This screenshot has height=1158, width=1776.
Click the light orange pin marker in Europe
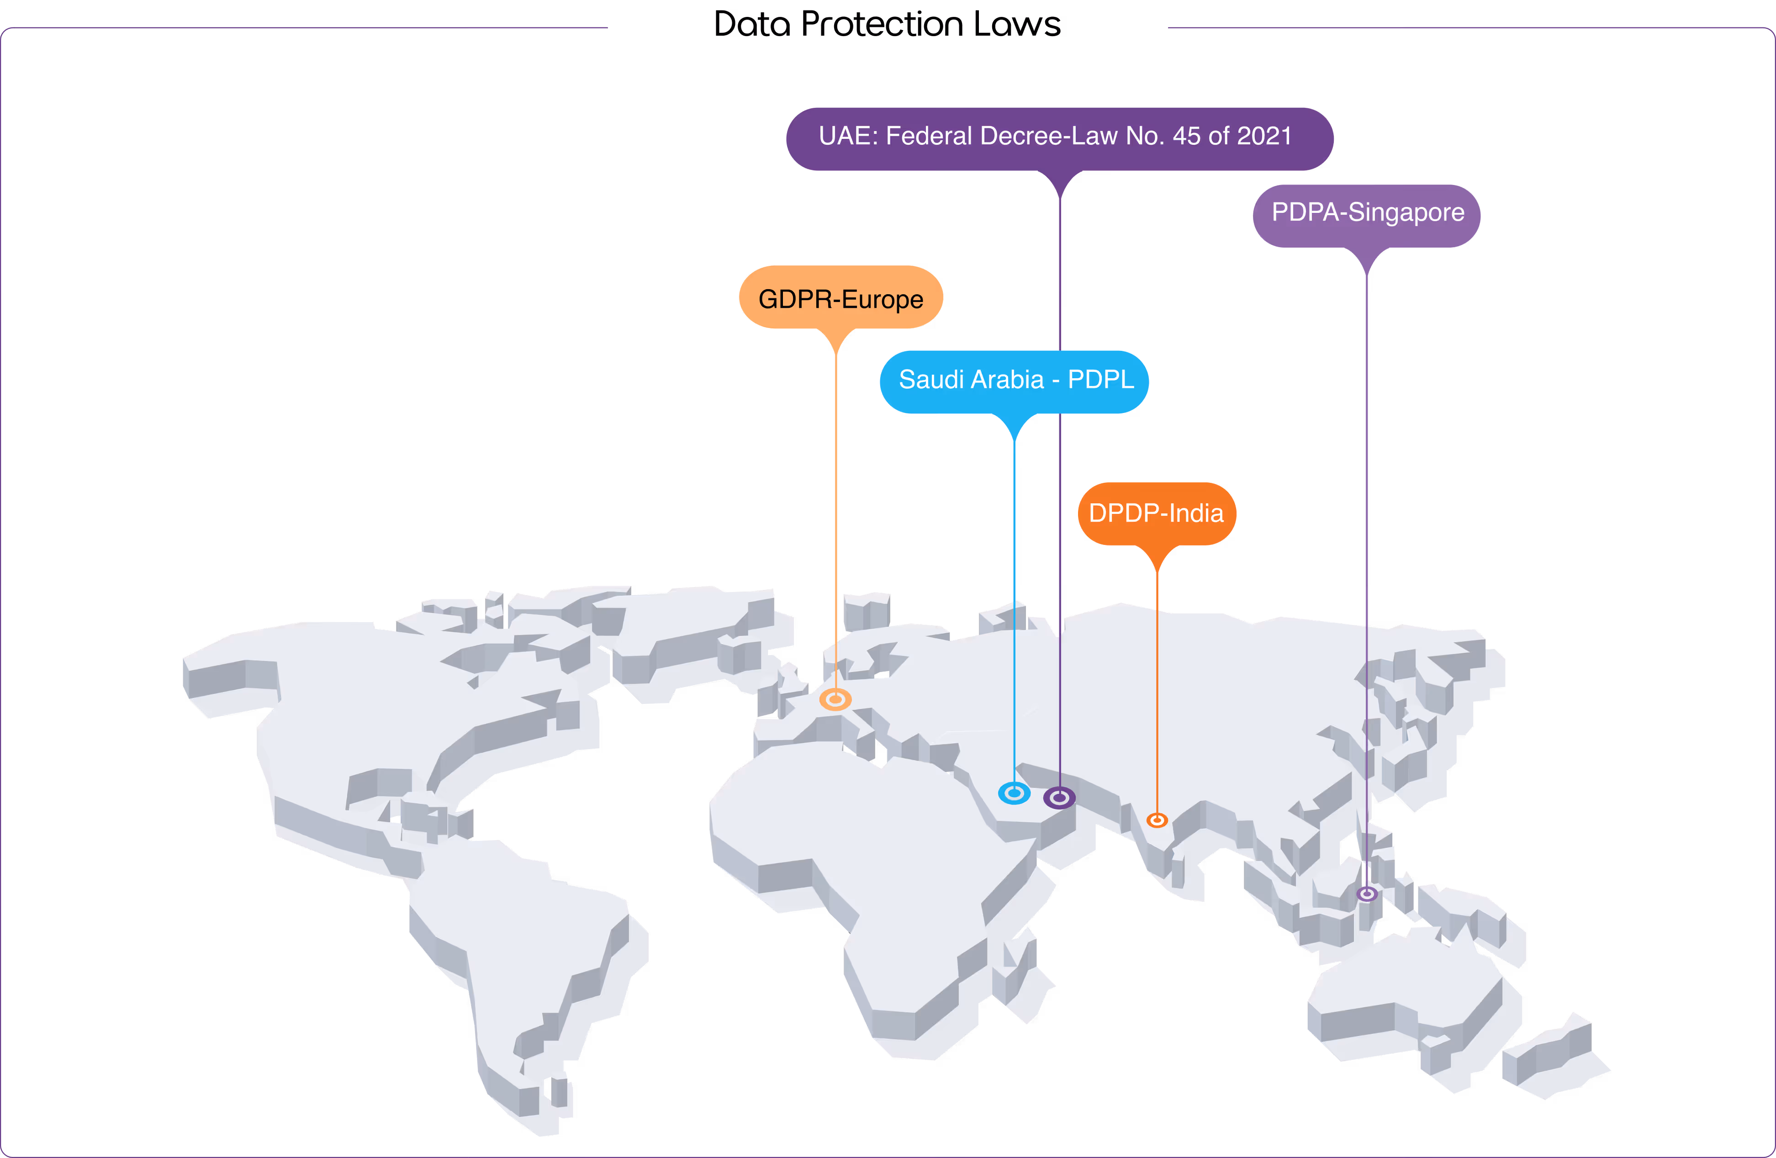coord(835,699)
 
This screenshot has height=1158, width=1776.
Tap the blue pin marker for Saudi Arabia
coord(1014,793)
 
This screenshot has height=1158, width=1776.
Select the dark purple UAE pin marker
coord(1059,798)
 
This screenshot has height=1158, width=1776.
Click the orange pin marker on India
coord(1157,820)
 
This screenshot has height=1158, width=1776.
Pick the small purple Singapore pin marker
coord(1366,893)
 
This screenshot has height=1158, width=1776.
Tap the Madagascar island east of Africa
coord(1019,970)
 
